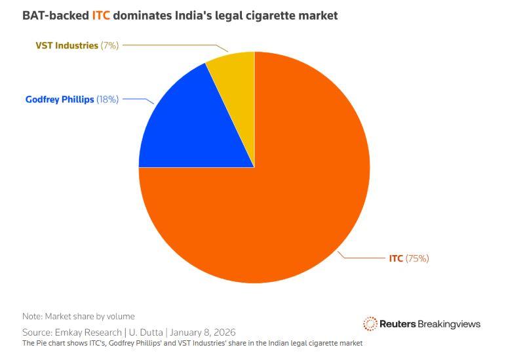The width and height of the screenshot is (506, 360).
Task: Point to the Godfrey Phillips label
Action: click(60, 100)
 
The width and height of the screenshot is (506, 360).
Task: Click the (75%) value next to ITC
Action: click(418, 258)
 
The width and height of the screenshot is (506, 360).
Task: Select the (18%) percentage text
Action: click(107, 100)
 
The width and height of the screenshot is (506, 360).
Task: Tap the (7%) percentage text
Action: click(109, 45)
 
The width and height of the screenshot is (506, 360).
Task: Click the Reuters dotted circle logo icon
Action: click(370, 324)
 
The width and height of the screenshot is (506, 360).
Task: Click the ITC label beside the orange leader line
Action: click(396, 258)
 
